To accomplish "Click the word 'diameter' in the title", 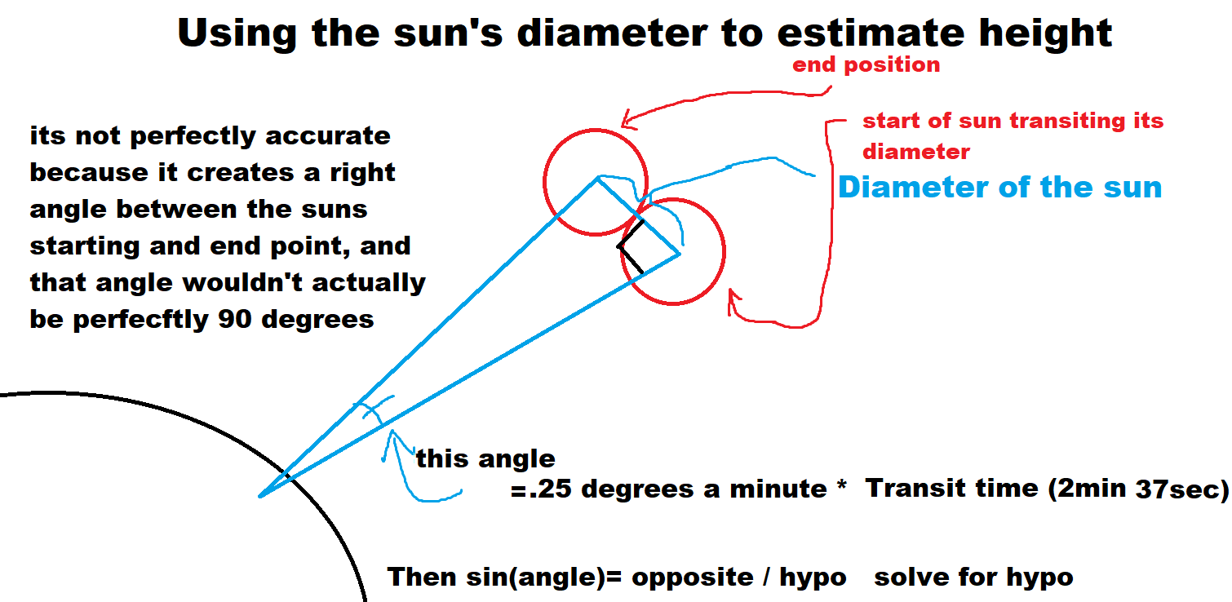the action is point(612,33).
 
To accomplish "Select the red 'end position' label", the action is point(866,65).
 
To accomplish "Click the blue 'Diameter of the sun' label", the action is point(1000,187).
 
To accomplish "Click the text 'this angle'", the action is point(485,458).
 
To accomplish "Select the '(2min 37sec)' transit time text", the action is point(1138,489).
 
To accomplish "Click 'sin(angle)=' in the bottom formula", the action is point(543,578).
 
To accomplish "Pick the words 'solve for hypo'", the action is point(973,578).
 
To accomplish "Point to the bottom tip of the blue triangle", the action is point(260,496).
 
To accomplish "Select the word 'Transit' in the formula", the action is point(916,488).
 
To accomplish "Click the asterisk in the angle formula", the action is point(841,485).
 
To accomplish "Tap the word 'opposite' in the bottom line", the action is point(693,578).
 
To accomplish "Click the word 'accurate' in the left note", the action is point(328,135).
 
